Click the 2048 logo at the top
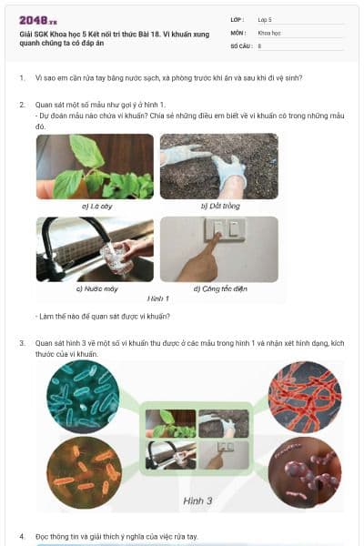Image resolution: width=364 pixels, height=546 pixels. click(x=38, y=20)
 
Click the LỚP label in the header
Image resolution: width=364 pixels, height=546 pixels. click(x=237, y=19)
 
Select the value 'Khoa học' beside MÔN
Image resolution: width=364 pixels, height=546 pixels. click(x=270, y=32)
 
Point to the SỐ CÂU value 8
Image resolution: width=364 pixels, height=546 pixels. click(x=259, y=45)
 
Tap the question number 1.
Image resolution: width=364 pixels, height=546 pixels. click(x=22, y=78)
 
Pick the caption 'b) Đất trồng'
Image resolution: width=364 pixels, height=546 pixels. click(x=218, y=206)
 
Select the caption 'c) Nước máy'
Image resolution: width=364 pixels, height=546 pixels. click(x=94, y=288)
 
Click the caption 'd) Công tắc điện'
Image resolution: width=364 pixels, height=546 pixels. click(x=217, y=288)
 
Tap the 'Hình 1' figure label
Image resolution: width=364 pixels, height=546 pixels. click(x=158, y=298)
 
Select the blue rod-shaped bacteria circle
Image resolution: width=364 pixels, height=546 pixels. click(x=85, y=396)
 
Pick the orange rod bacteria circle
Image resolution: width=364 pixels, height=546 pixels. click(x=85, y=469)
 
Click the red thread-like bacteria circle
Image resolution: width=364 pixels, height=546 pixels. click(x=303, y=397)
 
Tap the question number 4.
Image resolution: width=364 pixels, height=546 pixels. click(x=22, y=537)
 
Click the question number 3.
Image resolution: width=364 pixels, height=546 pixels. click(x=22, y=343)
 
